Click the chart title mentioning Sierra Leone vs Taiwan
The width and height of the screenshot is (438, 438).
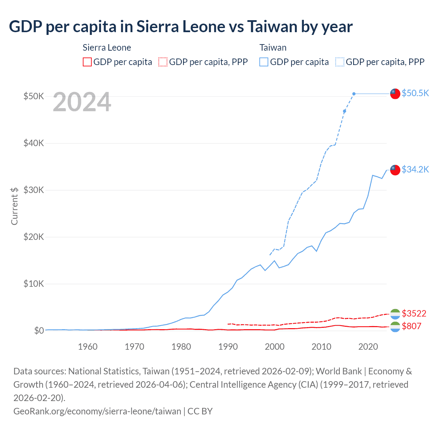click(x=181, y=27)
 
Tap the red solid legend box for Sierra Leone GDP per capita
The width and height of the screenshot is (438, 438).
click(x=87, y=62)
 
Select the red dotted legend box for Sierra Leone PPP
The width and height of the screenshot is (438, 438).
click(x=163, y=62)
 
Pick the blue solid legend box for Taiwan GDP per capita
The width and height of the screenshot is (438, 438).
click(x=264, y=62)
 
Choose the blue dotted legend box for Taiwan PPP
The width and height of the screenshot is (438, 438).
click(x=340, y=62)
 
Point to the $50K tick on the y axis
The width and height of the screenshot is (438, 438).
click(x=34, y=96)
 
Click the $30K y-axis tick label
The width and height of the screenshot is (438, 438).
click(x=34, y=190)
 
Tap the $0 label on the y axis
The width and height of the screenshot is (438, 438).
click(x=39, y=331)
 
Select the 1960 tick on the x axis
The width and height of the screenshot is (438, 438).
click(x=88, y=347)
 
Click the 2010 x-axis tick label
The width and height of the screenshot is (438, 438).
click(x=321, y=347)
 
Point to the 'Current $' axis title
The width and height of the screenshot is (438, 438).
click(x=14, y=206)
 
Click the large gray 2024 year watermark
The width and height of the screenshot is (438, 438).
click(x=82, y=102)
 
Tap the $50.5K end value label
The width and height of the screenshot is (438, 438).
click(x=415, y=93)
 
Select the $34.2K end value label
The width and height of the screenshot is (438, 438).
click(x=415, y=169)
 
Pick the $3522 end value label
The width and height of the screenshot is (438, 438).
click(x=414, y=313)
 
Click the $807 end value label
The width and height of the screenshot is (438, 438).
click(x=411, y=326)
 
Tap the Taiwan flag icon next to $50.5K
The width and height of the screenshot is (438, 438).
click(x=395, y=93)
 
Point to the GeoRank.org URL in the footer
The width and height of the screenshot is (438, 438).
click(x=97, y=411)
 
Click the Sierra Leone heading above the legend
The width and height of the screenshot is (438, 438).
click(x=107, y=48)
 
